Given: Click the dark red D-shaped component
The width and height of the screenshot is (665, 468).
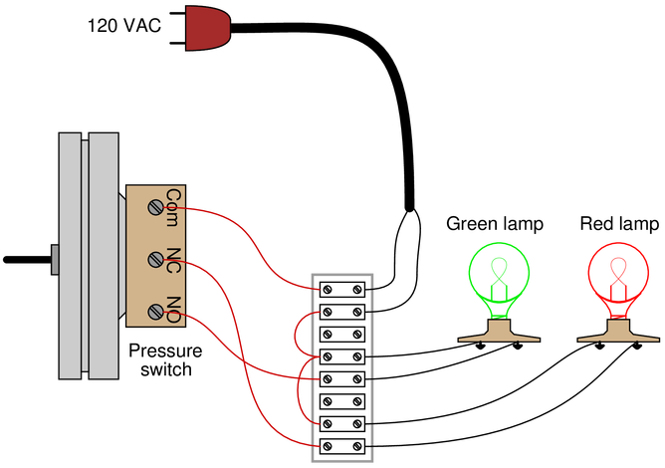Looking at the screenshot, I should pyautogui.click(x=206, y=28).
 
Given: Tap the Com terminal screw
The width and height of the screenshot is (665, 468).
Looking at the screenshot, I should pyautogui.click(x=156, y=207).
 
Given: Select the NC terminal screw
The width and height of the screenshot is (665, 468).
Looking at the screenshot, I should pyautogui.click(x=156, y=260).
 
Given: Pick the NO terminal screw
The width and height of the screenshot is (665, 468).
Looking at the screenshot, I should pyautogui.click(x=156, y=312).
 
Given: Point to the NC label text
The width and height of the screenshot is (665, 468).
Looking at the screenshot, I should pyautogui.click(x=173, y=260).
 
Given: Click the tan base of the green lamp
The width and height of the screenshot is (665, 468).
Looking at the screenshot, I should pyautogui.click(x=499, y=333).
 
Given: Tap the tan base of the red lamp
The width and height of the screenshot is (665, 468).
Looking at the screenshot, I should pyautogui.click(x=617, y=333).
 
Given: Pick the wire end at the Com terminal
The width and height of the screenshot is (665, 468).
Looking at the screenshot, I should pyautogui.click(x=191, y=209).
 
